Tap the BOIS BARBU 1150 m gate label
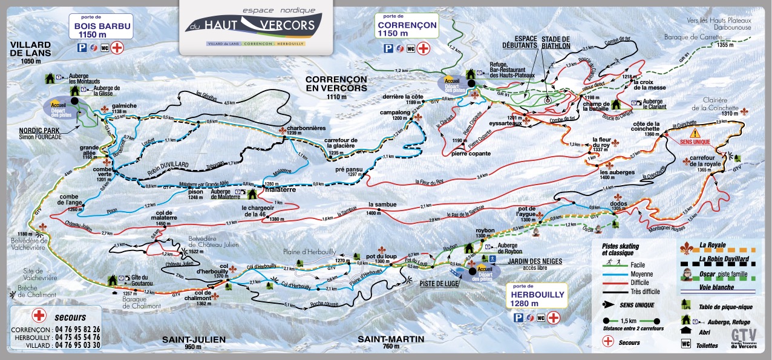click(x=102, y=30)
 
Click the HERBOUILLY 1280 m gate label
click(x=537, y=298)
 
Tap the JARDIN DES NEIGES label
click(x=535, y=261)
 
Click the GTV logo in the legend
click(x=743, y=336)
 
